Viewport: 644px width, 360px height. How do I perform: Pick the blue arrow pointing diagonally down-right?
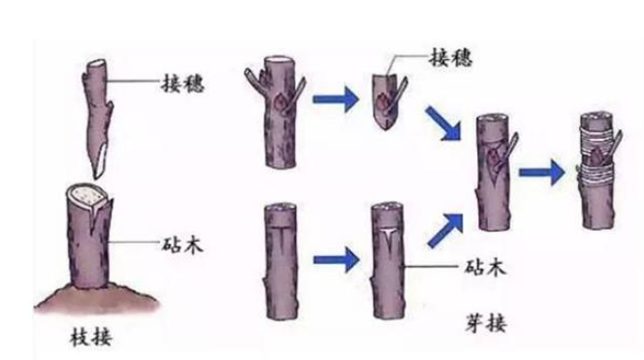coord(443,120)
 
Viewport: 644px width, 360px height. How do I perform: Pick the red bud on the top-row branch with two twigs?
coord(279,102)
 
